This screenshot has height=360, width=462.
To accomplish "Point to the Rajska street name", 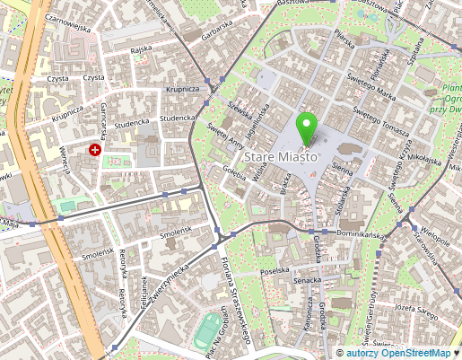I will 139,51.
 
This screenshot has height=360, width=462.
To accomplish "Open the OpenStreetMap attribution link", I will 420,353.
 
